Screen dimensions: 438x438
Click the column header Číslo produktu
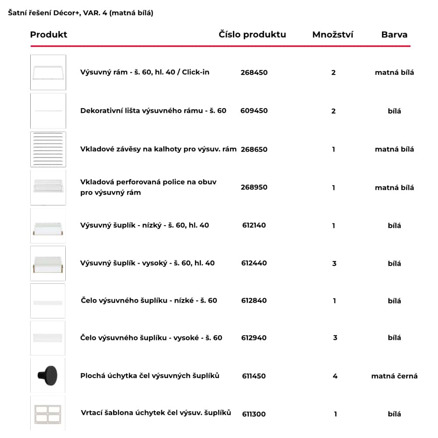(x=252, y=35)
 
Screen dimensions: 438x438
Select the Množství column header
(x=332, y=35)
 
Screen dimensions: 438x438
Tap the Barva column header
(x=394, y=35)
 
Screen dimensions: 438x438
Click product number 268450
(x=254, y=72)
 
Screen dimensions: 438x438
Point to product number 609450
(x=254, y=111)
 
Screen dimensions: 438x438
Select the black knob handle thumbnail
(x=48, y=375)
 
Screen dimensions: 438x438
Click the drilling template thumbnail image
(x=48, y=413)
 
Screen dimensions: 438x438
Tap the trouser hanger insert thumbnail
(x=48, y=149)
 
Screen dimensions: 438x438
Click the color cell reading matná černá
(x=394, y=376)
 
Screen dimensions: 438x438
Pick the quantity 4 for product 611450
(x=335, y=376)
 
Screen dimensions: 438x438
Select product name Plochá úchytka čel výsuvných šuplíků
(x=150, y=375)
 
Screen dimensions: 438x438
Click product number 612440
(x=254, y=263)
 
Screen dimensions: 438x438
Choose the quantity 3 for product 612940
(x=335, y=338)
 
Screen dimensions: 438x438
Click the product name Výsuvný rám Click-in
(x=145, y=72)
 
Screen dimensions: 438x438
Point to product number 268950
(x=254, y=187)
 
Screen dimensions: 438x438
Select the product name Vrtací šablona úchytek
(x=156, y=413)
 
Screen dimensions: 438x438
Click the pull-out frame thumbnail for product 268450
(x=48, y=72)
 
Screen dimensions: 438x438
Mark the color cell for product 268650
(x=394, y=149)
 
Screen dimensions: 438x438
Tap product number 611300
(x=254, y=414)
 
